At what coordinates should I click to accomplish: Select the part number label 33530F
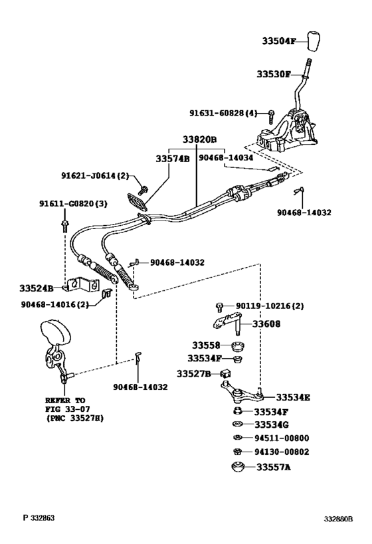(x=274, y=75)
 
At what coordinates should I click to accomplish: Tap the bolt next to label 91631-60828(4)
(x=271, y=115)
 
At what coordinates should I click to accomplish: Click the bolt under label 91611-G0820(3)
(x=64, y=227)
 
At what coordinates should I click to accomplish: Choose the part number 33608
(x=266, y=324)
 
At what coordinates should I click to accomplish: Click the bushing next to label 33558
(x=235, y=346)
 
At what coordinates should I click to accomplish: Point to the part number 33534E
(x=293, y=397)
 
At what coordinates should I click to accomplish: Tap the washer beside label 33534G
(x=238, y=424)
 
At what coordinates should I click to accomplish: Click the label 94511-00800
(x=282, y=438)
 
